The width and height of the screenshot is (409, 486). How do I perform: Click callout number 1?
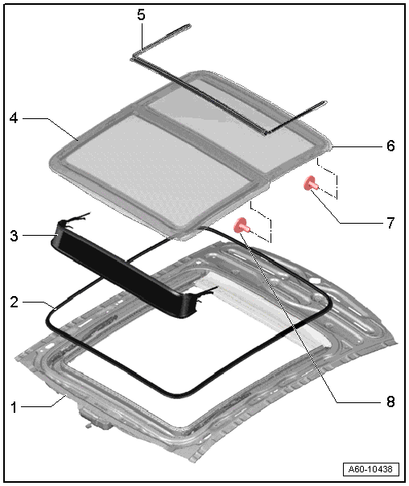[14, 407]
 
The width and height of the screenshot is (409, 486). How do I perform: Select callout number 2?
[14, 302]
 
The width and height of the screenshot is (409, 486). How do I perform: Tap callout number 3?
[14, 237]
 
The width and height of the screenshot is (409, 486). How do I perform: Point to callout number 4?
[14, 118]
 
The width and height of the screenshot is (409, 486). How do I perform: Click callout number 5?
[141, 14]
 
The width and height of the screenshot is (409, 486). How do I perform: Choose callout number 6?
[390, 146]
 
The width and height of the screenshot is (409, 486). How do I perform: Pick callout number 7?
[390, 223]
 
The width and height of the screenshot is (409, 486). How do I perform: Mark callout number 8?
[390, 402]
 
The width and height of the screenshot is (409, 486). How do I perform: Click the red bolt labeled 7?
[311, 183]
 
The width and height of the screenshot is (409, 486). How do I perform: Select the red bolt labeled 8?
[242, 225]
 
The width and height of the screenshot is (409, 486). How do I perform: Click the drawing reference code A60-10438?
[370, 469]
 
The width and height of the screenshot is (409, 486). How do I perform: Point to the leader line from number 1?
[43, 403]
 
